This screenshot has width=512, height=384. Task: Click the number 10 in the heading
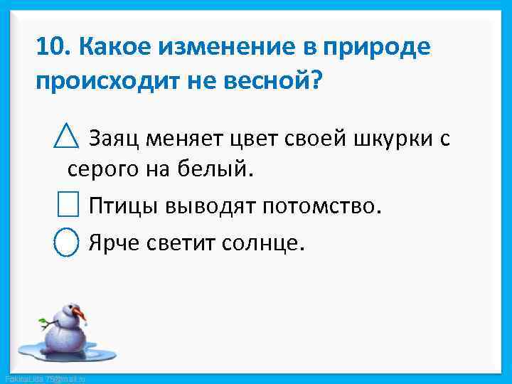(51, 47)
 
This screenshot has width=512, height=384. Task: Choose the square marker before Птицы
(67, 206)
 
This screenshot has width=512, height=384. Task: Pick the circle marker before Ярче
(67, 242)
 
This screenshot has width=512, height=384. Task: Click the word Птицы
(124, 206)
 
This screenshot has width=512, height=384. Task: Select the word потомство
(322, 206)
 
